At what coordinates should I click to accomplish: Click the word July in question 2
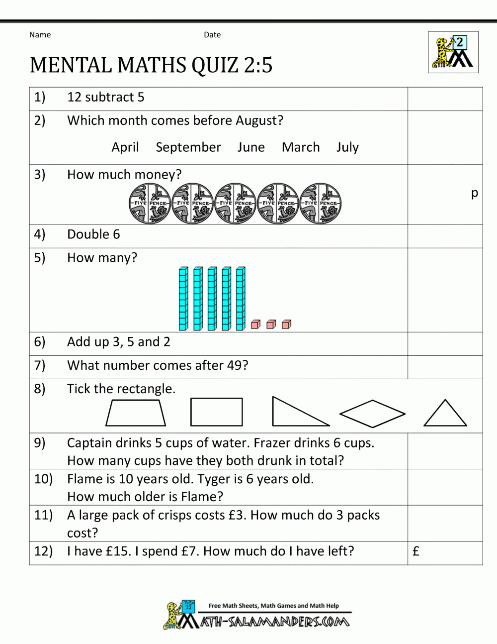point(347,147)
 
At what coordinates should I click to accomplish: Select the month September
point(188,147)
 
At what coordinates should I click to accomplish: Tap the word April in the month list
point(125,147)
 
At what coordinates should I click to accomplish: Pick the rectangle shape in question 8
point(217,412)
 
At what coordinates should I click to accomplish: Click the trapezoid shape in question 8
point(136,414)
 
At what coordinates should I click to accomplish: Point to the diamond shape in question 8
point(372,414)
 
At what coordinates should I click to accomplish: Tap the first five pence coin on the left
point(150,203)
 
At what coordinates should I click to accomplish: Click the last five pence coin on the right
point(321,203)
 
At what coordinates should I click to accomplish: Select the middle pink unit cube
point(271,324)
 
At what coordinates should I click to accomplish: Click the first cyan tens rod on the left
point(183,299)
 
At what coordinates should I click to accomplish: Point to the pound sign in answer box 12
point(416,551)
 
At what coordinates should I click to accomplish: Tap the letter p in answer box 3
point(474,193)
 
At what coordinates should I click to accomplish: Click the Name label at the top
point(40,35)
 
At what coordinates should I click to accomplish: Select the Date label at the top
point(212,35)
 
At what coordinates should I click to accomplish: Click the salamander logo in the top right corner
point(453,52)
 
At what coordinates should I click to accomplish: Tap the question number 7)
point(40,365)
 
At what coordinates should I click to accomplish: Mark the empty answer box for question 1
point(445,99)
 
